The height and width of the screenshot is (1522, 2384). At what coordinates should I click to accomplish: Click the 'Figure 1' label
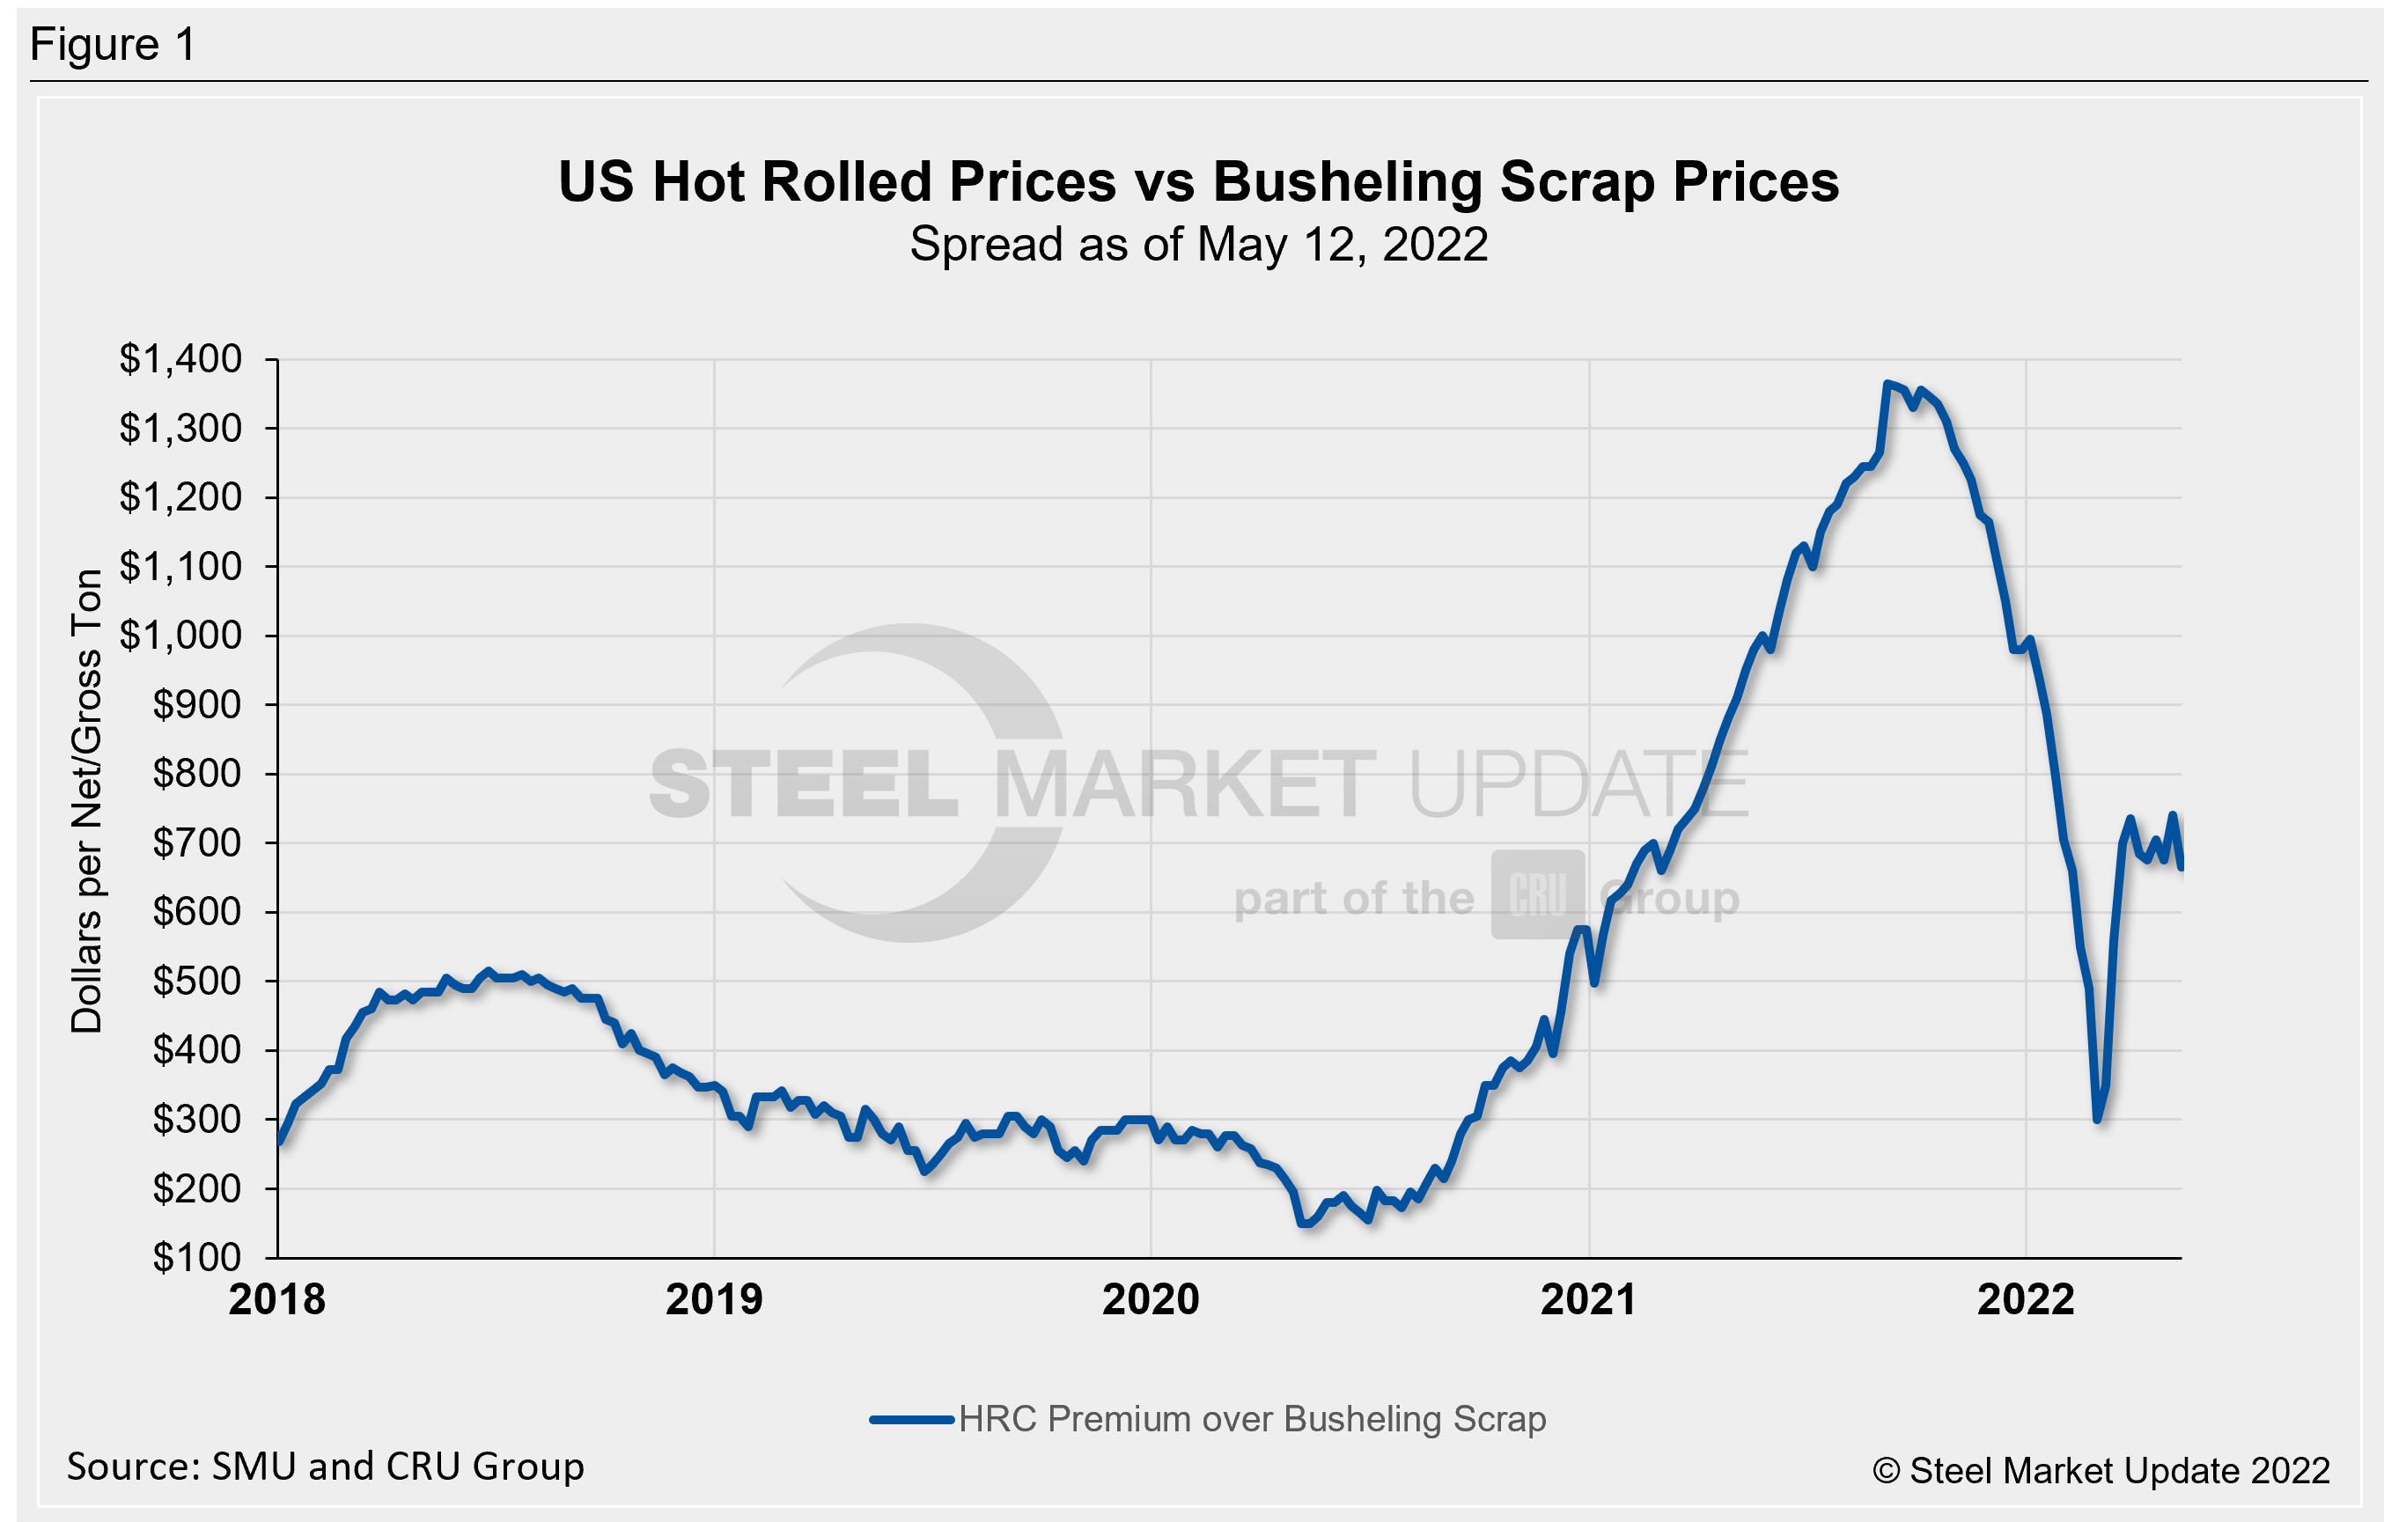click(x=113, y=45)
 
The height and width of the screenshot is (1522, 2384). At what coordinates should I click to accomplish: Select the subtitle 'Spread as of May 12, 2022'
click(x=1198, y=245)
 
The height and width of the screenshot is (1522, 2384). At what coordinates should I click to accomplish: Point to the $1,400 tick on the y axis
click(x=180, y=358)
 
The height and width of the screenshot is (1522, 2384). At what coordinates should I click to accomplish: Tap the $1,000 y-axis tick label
click(x=180, y=635)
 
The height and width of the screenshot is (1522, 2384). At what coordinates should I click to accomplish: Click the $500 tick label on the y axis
click(x=196, y=981)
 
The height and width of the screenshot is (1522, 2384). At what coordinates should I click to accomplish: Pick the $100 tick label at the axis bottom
click(x=196, y=1257)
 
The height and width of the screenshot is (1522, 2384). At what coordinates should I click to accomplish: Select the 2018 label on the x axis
click(x=276, y=1299)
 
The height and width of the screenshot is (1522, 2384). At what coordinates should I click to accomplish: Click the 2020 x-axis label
click(x=1151, y=1299)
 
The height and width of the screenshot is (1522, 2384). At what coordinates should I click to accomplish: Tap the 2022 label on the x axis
click(x=2025, y=1299)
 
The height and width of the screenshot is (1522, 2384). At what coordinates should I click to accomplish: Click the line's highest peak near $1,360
click(x=1887, y=384)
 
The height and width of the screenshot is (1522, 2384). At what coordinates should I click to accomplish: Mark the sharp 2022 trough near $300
click(x=2097, y=1119)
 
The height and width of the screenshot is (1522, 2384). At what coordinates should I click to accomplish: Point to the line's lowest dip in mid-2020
click(x=1305, y=1224)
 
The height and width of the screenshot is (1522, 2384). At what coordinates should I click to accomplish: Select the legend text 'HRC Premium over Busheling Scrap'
click(x=1251, y=1419)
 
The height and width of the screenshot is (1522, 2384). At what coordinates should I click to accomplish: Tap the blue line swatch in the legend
click(x=911, y=1419)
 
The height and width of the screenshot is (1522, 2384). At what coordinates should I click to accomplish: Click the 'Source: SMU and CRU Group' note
click(x=325, y=1467)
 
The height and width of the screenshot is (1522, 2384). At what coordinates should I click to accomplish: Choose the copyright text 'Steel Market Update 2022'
click(x=2119, y=1471)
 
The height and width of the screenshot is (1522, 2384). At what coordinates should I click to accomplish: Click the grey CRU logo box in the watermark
click(x=1537, y=894)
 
